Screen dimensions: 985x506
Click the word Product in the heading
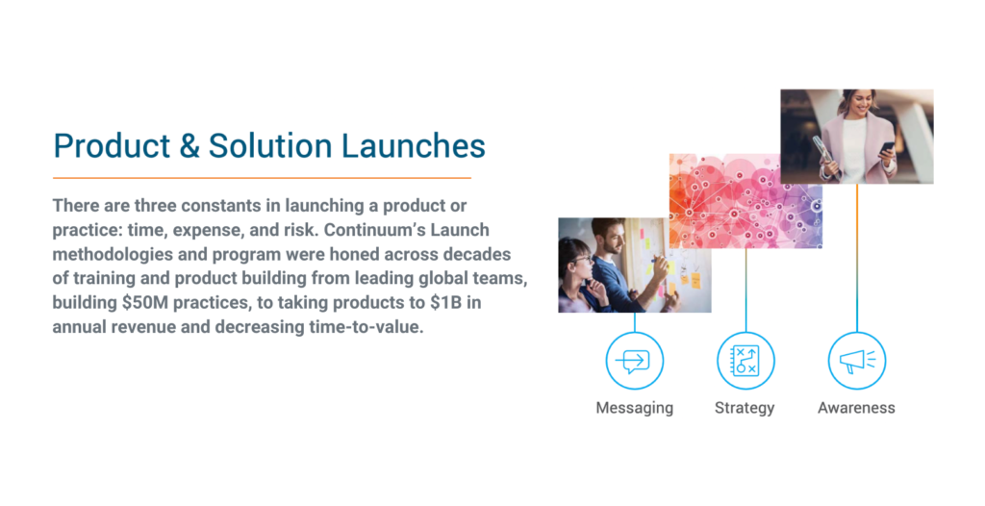pos(112,146)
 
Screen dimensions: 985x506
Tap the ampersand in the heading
pos(189,146)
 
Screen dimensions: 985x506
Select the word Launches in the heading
pos(414,146)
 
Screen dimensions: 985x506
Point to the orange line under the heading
pos(262,178)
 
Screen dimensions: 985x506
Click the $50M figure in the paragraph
pos(145,302)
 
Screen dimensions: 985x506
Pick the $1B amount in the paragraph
pos(446,302)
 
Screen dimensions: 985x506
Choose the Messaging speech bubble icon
pos(635,361)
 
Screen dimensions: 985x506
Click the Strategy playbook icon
pos(745,361)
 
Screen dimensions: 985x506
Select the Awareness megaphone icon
pos(857,361)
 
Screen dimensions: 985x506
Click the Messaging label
pos(635,408)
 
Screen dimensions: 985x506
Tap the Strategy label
pos(745,408)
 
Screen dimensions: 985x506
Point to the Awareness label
pos(856,408)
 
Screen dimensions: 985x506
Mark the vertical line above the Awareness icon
pos(857,258)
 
